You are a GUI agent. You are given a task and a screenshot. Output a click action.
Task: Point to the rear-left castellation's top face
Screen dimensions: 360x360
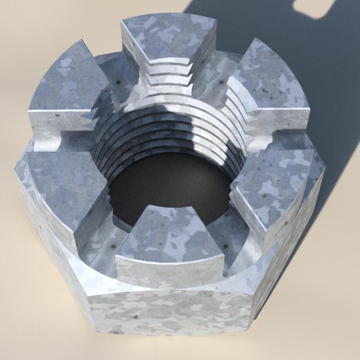[x=67, y=84]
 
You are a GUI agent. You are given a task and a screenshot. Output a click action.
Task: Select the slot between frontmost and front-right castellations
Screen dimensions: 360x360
[x=225, y=247]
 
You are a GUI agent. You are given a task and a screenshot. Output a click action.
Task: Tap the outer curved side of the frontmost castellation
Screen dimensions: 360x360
[x=169, y=270]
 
